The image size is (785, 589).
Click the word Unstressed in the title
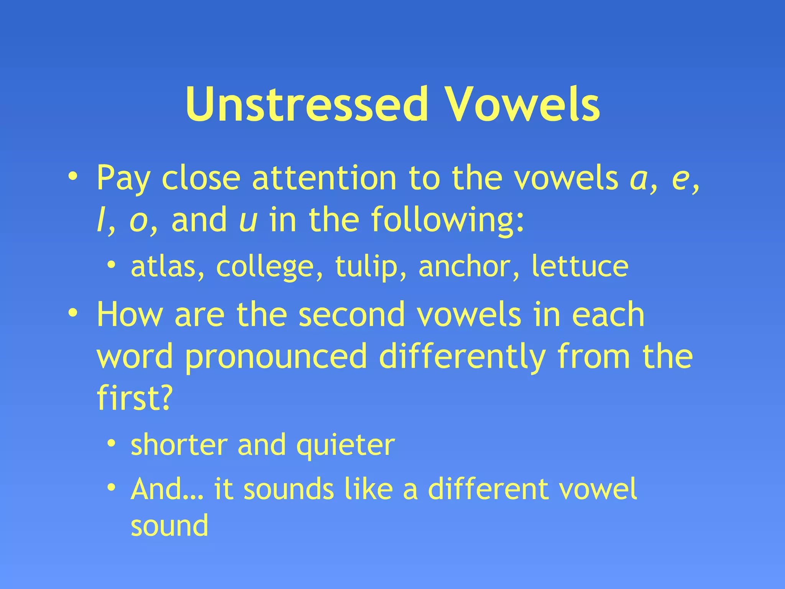(307, 104)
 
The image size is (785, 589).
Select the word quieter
(345, 446)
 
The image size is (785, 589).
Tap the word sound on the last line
(169, 526)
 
